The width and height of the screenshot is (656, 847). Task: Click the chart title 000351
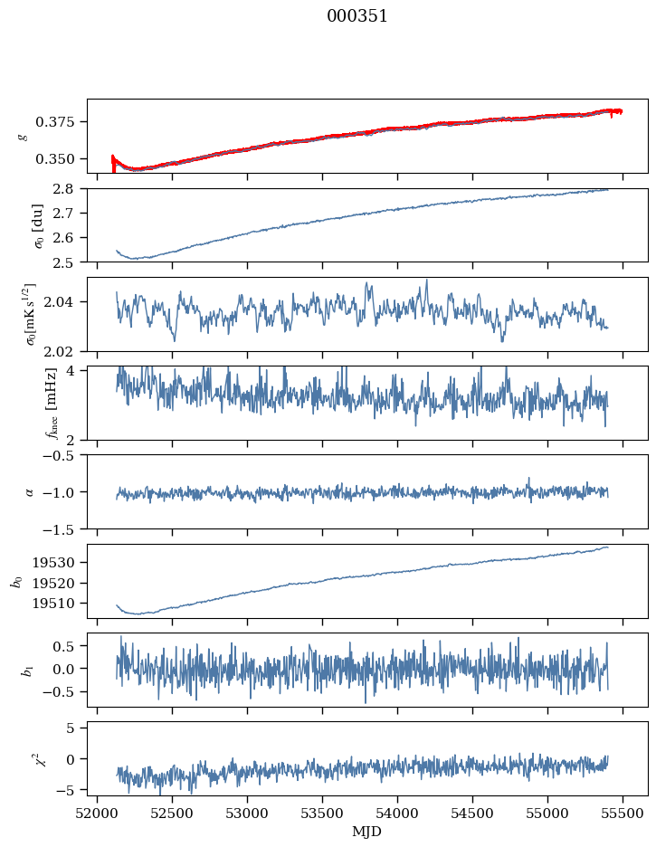click(x=357, y=16)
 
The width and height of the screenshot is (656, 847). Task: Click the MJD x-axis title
click(x=366, y=832)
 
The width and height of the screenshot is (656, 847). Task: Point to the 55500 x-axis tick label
click(x=623, y=813)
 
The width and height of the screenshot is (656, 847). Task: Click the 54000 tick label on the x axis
click(x=398, y=813)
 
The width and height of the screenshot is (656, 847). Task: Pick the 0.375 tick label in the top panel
click(x=61, y=122)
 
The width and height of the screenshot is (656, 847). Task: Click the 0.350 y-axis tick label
click(x=61, y=159)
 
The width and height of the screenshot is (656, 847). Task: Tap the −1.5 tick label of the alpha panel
click(x=63, y=528)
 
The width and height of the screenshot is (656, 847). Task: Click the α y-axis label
click(x=29, y=492)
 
